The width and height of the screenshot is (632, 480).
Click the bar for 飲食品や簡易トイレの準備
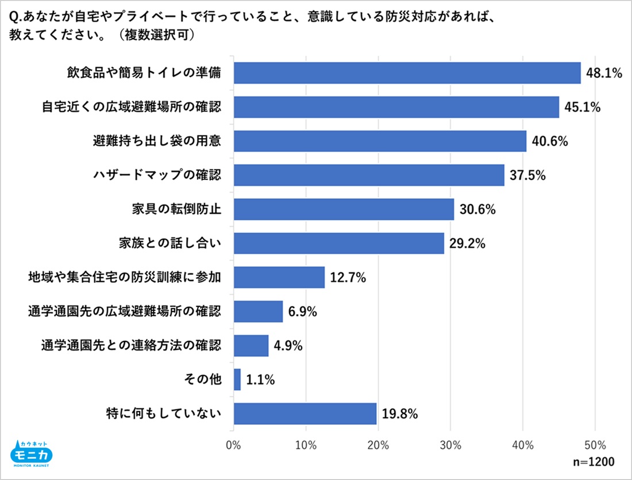tap(407, 73)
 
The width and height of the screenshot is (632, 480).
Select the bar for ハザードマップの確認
tap(369, 175)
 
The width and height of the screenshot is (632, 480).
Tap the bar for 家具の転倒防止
tap(344, 209)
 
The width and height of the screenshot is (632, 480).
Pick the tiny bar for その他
tap(237, 379)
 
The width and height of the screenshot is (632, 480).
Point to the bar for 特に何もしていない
tap(305, 413)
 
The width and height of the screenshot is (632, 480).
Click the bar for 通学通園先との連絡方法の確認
tap(251, 345)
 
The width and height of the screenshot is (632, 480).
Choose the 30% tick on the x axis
tap(450, 444)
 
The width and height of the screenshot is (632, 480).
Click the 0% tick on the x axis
tap(233, 444)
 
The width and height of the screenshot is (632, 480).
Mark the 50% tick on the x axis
tap(595, 444)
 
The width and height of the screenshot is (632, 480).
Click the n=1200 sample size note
tap(594, 462)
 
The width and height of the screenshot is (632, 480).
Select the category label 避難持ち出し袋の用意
tap(157, 141)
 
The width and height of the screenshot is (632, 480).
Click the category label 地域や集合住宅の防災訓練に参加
tap(125, 278)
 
